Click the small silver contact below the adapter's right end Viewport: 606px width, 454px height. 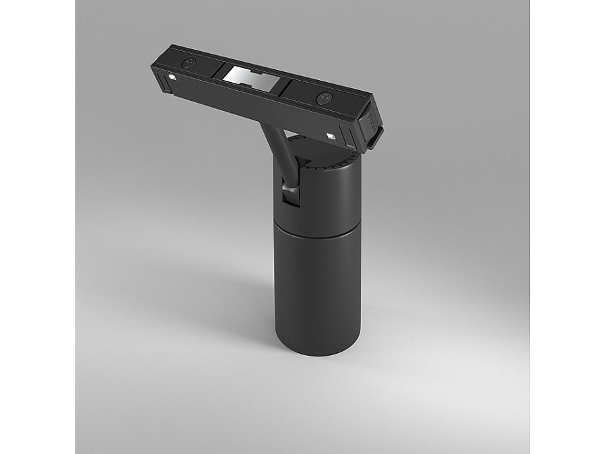tap(331, 137)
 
